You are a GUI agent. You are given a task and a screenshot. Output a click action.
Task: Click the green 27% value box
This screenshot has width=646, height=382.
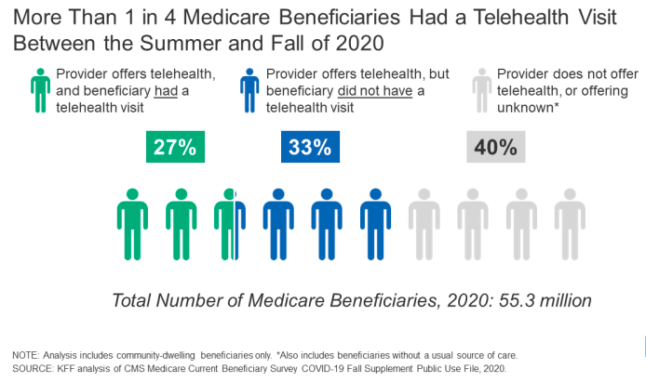(175, 147)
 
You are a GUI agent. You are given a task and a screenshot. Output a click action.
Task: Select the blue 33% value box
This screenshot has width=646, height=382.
(309, 147)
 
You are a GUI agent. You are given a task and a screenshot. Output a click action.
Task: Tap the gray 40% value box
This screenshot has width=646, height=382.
(494, 147)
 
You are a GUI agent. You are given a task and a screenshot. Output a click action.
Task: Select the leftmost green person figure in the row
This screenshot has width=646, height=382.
(131, 223)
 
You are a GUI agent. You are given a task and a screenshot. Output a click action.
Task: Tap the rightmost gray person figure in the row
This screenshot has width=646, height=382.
(569, 223)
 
